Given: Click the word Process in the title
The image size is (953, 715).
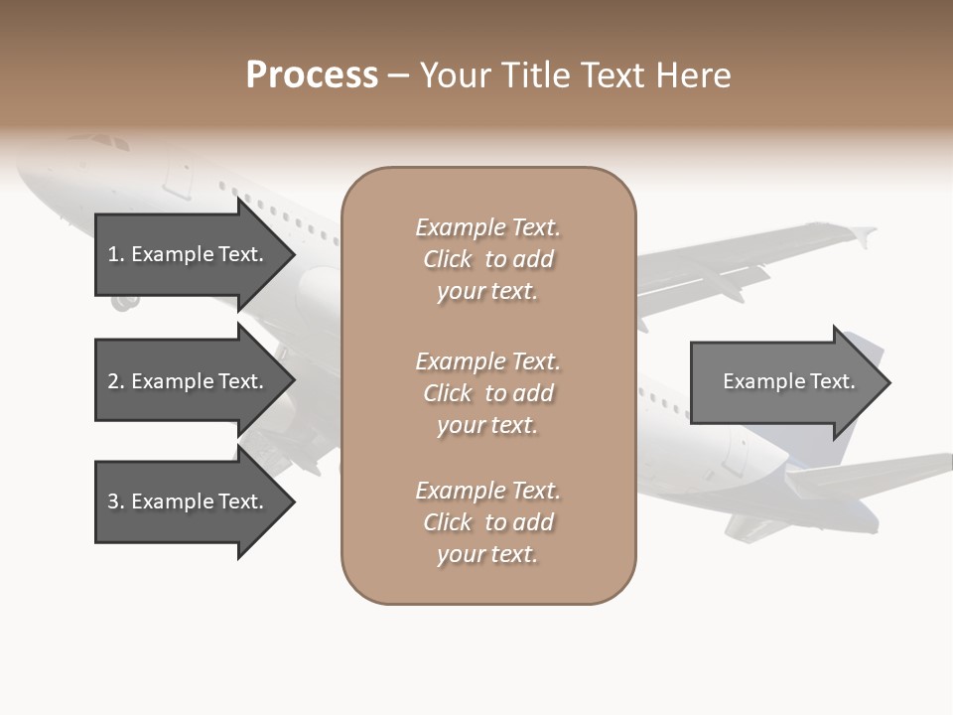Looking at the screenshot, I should tap(312, 75).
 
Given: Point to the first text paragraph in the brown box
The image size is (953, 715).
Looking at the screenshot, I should tap(487, 259).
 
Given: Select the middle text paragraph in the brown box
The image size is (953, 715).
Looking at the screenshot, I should tap(487, 393).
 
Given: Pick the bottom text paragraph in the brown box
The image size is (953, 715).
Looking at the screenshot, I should tap(487, 522).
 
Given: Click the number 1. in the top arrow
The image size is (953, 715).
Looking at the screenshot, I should tap(116, 254).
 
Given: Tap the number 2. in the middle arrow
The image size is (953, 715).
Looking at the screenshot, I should tap(116, 381).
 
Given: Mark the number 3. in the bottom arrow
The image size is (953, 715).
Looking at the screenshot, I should tap(116, 501).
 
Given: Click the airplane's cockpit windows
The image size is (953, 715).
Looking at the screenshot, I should tap(109, 143).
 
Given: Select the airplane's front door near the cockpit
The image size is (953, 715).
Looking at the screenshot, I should tap(179, 176).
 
